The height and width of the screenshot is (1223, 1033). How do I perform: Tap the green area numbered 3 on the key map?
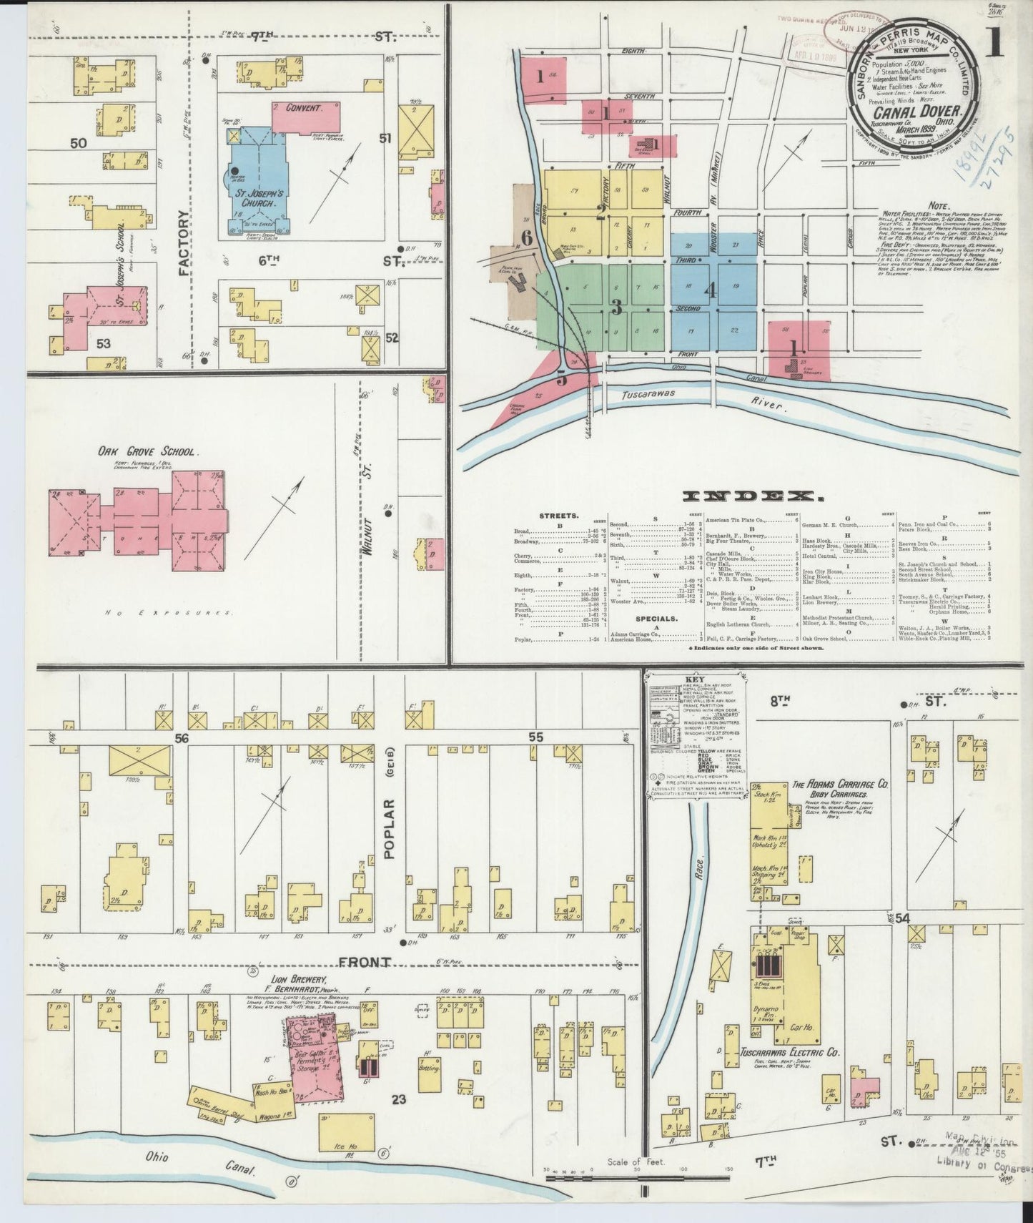(x=616, y=306)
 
